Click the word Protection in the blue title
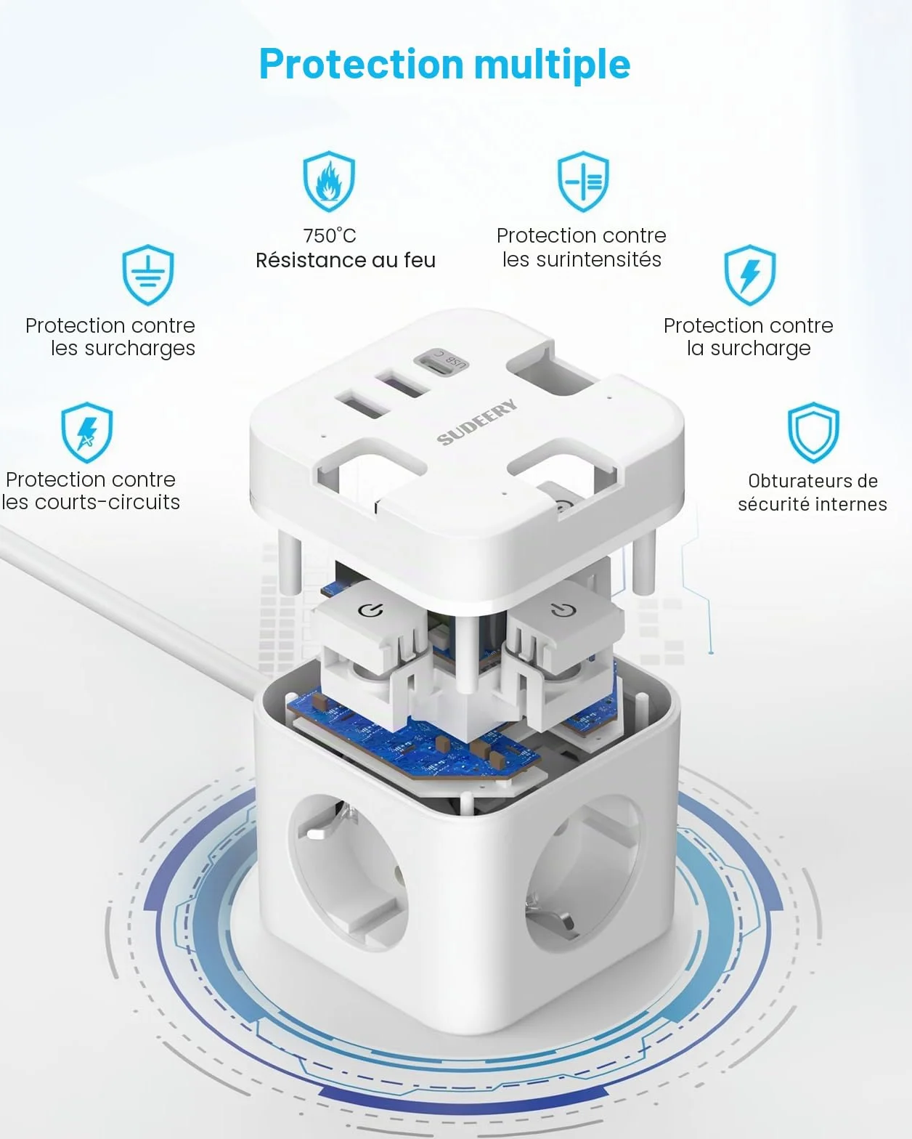click(x=362, y=64)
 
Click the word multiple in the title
click(x=552, y=65)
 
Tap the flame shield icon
click(x=329, y=181)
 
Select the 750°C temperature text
click(x=330, y=235)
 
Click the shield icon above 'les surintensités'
click(x=583, y=181)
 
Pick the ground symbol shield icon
click(x=148, y=275)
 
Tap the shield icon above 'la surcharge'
click(x=749, y=275)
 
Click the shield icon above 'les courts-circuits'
click(x=86, y=432)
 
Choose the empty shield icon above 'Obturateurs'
click(x=813, y=432)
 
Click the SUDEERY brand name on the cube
click(x=477, y=422)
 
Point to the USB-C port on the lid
click(x=441, y=360)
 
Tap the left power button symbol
click(x=370, y=610)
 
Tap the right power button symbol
click(x=562, y=609)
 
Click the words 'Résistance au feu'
click(x=346, y=260)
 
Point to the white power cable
click(x=132, y=609)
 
